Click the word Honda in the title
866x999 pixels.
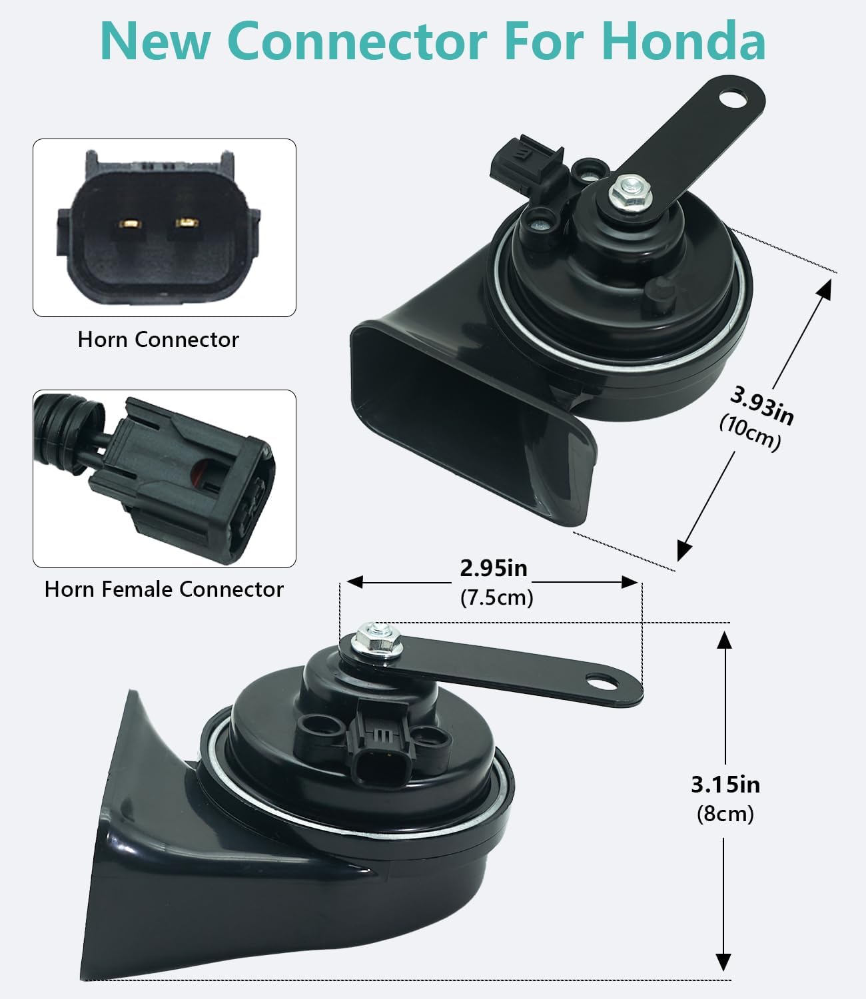(683, 41)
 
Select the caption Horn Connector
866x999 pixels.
(159, 340)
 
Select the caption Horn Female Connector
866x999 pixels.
(164, 589)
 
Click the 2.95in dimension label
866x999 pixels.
(494, 568)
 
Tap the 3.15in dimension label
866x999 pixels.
(725, 785)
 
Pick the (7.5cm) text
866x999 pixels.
(497, 597)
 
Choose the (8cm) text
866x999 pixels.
(725, 814)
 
